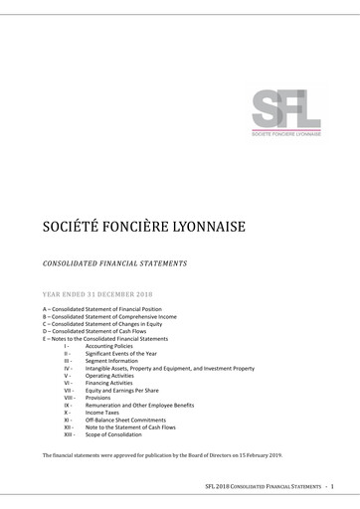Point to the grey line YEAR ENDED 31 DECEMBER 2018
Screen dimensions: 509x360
pyautogui.click(x=97, y=294)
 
